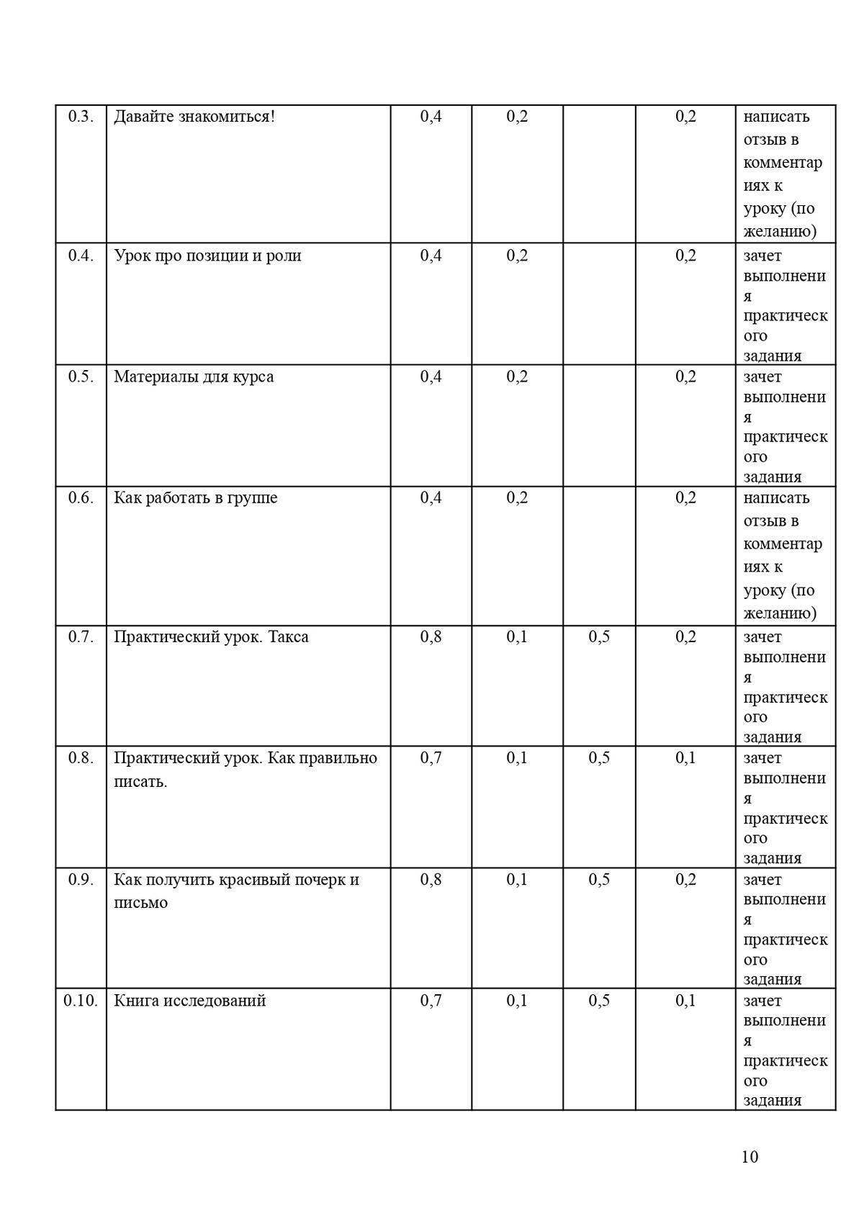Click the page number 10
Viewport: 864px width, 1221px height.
click(x=749, y=1156)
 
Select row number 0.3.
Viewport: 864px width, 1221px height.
click(x=81, y=117)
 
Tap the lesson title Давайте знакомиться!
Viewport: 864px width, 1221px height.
click(x=194, y=117)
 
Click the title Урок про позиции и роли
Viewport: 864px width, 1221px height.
click(x=207, y=256)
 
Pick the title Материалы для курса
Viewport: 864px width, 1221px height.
click(x=194, y=377)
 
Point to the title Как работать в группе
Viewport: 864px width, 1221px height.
click(x=195, y=497)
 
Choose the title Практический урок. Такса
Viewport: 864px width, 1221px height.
click(x=211, y=636)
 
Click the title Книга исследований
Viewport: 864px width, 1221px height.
click(x=190, y=1001)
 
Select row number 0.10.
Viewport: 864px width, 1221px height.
click(x=81, y=1001)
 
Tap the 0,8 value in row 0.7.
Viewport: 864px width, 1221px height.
click(x=431, y=636)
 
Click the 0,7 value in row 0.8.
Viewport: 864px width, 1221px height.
click(x=431, y=757)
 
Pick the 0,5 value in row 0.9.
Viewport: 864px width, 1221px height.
click(x=599, y=879)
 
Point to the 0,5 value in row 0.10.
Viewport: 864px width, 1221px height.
click(x=599, y=1001)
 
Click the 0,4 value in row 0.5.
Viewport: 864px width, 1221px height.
click(x=431, y=377)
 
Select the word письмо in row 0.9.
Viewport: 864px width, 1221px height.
click(x=140, y=903)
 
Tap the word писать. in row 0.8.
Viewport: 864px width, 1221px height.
click(x=140, y=781)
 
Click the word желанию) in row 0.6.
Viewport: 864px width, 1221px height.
click(x=780, y=613)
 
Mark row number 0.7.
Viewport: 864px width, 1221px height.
click(x=81, y=636)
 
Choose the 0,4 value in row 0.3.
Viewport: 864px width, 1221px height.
click(x=431, y=117)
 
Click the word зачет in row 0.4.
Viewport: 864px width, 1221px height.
click(x=762, y=256)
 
